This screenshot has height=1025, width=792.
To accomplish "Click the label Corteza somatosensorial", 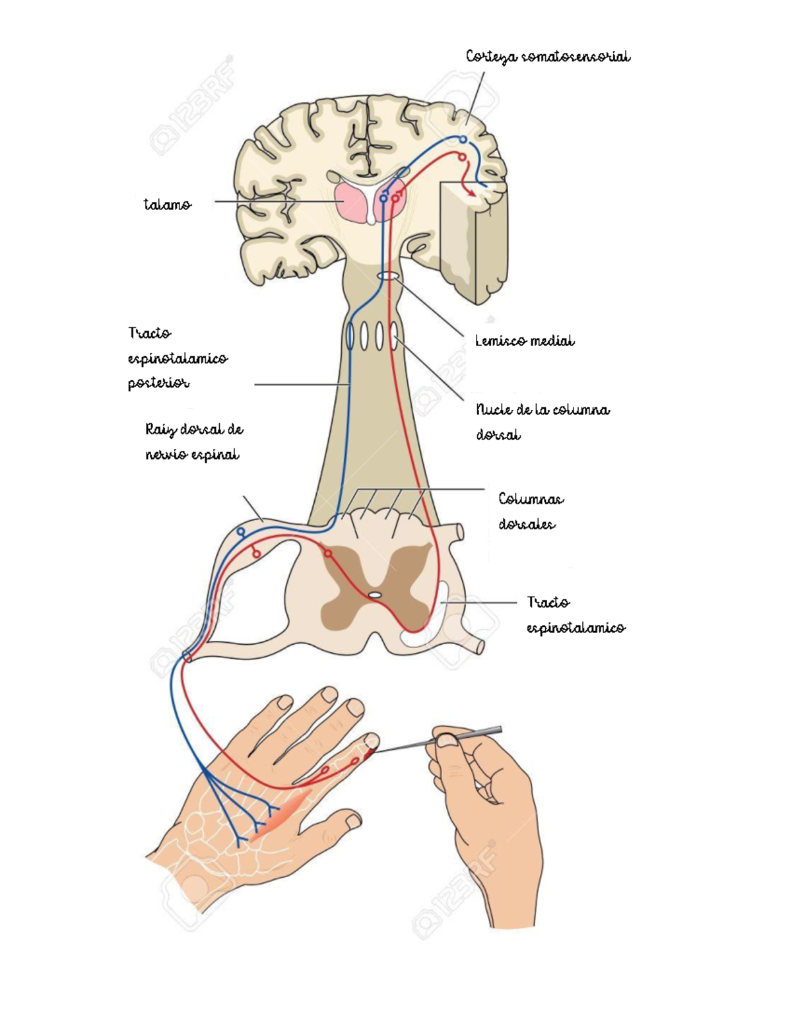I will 548,57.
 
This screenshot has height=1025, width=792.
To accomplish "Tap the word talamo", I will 168,205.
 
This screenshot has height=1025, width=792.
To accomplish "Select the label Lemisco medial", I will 525,341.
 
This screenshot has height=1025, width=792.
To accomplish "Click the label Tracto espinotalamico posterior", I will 177,358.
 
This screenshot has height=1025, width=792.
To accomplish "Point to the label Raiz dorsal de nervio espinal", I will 193,442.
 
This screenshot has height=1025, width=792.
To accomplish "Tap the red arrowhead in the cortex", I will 471,191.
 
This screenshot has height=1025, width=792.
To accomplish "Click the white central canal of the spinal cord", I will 375,595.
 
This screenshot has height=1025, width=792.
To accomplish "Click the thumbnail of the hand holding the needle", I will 449,741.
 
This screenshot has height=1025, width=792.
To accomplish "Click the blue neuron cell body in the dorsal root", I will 241,531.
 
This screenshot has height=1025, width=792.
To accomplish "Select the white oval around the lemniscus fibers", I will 387,275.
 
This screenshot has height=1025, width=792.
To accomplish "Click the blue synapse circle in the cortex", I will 463,139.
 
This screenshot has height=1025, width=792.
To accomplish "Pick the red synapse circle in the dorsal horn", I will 326,553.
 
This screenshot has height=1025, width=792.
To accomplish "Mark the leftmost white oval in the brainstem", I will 350,337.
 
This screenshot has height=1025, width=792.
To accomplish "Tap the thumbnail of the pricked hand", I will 353,821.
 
